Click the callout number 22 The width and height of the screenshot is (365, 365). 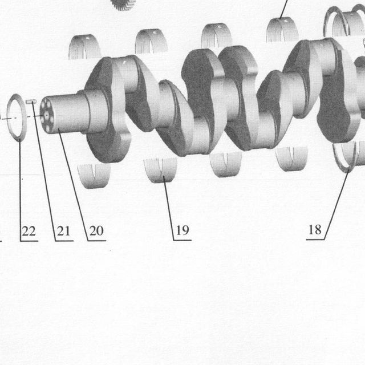(29, 231)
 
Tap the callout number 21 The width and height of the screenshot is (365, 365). (63, 231)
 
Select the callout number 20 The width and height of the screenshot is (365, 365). (96, 230)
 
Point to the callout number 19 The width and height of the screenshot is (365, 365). (182, 230)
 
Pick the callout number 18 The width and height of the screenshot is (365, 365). (315, 230)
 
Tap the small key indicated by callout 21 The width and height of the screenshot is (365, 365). (31, 102)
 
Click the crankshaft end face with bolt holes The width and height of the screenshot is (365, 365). (47, 116)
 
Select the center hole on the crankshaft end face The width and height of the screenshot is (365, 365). (47, 115)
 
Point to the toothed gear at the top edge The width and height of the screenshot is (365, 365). (123, 5)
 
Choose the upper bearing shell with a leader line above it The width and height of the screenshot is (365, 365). (282, 30)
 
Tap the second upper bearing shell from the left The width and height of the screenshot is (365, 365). (151, 42)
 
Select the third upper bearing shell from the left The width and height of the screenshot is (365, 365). (217, 35)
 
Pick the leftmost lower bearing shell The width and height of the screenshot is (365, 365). (94, 176)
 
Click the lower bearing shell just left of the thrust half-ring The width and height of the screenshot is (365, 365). (291, 159)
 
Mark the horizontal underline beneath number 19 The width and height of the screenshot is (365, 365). (182, 240)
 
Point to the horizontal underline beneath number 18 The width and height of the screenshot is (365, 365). (315, 240)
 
